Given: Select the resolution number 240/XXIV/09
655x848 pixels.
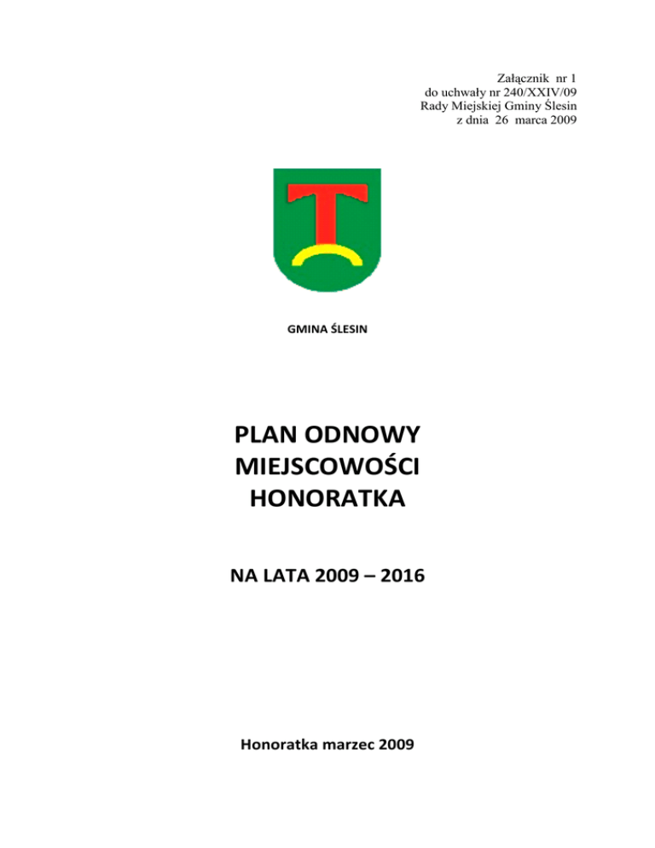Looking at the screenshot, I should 537,92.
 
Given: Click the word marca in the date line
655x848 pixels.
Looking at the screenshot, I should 532,120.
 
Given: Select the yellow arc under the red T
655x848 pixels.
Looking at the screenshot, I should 326,255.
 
